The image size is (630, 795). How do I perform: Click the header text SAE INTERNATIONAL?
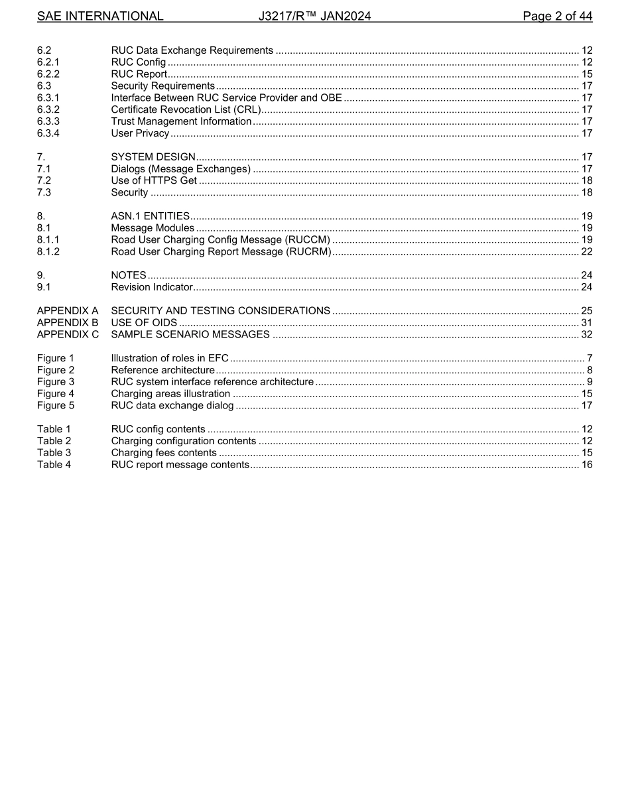(x=100, y=16)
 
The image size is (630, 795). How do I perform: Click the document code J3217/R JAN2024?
(x=314, y=16)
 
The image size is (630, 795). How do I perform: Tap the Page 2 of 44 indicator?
(x=557, y=16)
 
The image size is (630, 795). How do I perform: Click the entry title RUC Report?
(x=139, y=74)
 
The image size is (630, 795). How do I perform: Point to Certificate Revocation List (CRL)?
(x=186, y=110)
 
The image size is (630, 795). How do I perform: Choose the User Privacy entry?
(x=140, y=134)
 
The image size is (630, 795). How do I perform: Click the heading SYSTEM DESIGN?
(x=153, y=157)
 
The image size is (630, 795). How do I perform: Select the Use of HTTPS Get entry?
(x=154, y=180)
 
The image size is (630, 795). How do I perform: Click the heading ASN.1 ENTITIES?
(x=151, y=216)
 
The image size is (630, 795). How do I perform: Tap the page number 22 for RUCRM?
(x=586, y=252)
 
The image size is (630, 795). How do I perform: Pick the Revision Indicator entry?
(x=152, y=287)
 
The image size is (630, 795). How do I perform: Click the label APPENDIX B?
(x=68, y=323)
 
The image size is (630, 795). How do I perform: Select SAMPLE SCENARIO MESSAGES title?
(x=190, y=335)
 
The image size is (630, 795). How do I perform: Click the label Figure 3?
(x=56, y=382)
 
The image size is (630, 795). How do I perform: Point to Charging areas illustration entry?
(x=170, y=394)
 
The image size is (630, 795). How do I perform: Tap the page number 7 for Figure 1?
(x=590, y=359)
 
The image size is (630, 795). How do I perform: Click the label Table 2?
(x=54, y=441)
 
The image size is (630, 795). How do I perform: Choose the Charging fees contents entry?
(x=164, y=453)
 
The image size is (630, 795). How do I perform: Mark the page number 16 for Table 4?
(x=586, y=465)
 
